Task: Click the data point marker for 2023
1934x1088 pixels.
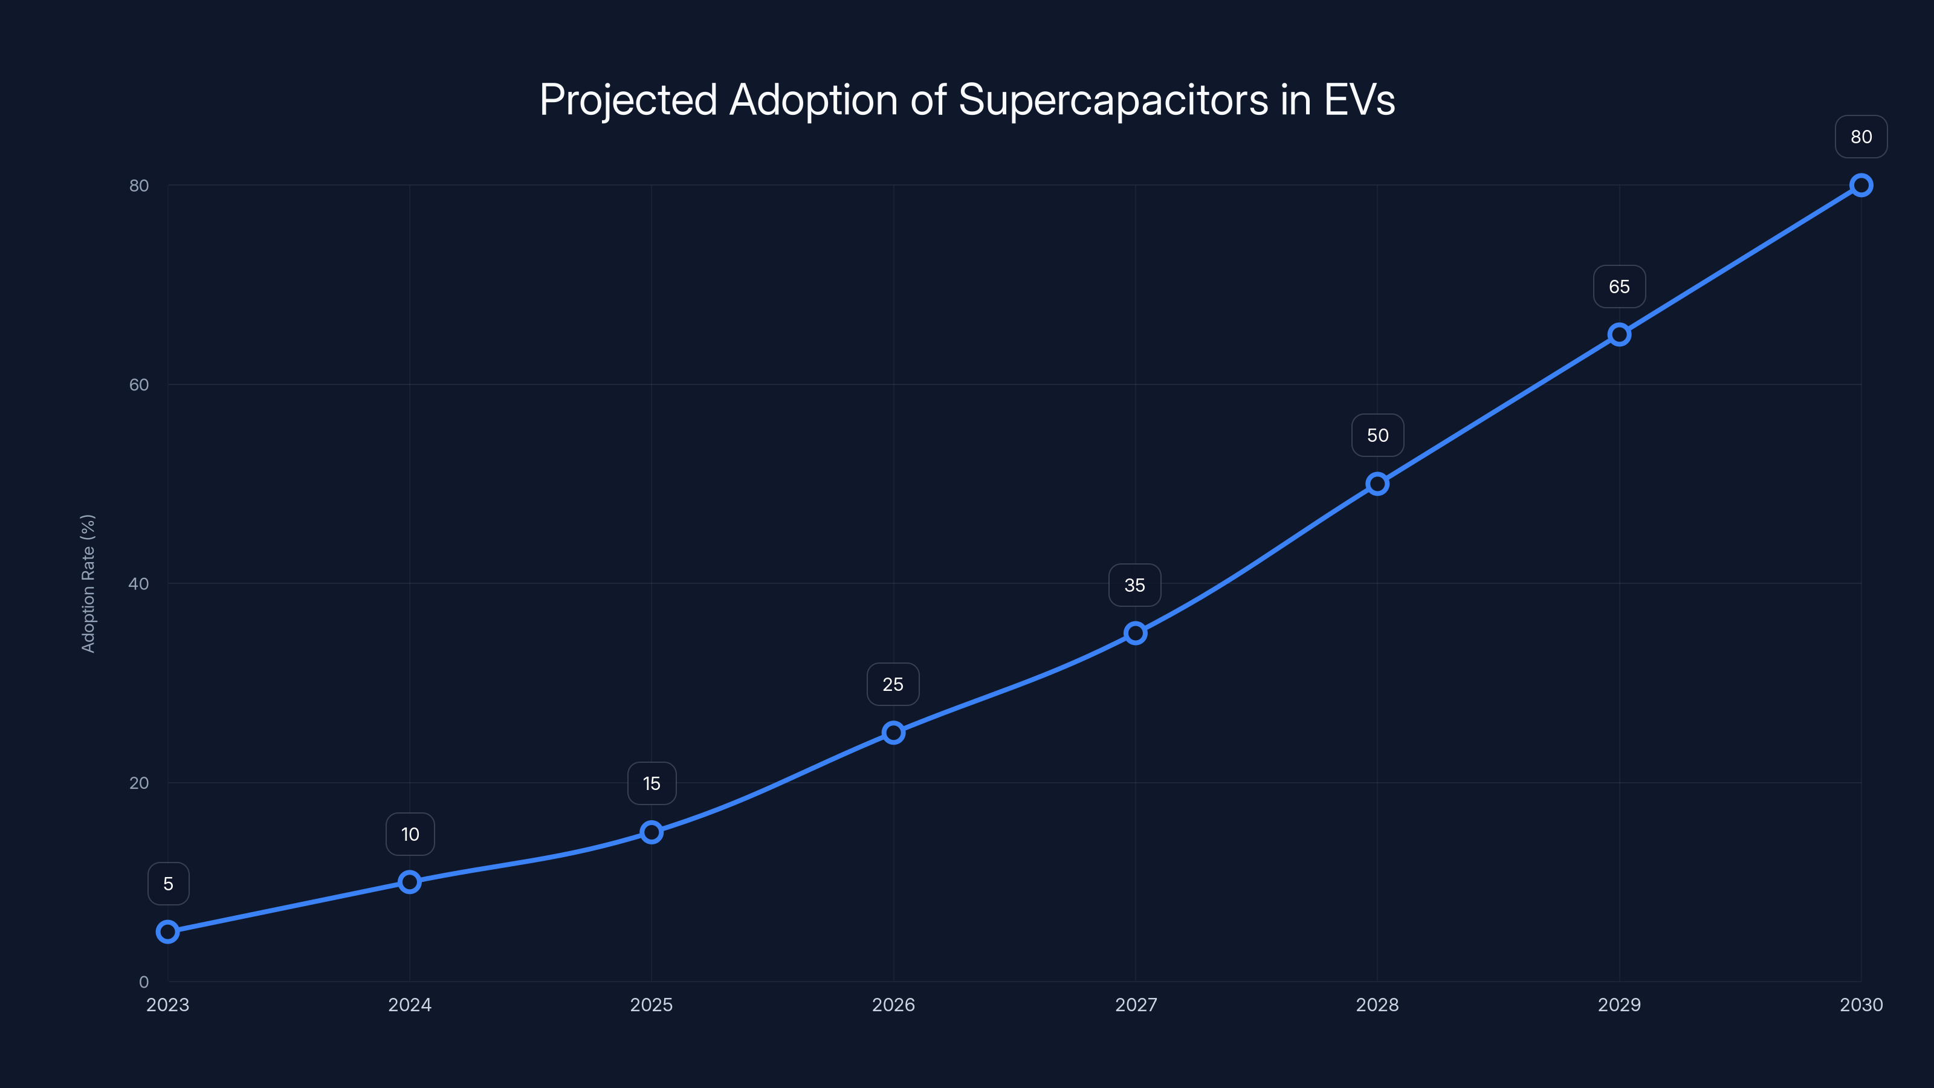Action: tap(167, 932)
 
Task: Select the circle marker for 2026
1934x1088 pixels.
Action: tap(893, 733)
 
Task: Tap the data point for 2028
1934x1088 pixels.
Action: tap(1377, 484)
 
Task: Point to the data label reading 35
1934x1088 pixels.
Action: tap(1134, 586)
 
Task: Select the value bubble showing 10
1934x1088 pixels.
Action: tap(410, 834)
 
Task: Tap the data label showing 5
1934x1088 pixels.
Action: tap(168, 884)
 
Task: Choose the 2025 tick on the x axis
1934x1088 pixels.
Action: tap(651, 1005)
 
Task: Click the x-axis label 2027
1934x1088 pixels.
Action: tap(1135, 1005)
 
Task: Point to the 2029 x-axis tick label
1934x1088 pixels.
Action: tap(1619, 1005)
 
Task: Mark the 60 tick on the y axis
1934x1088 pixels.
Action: tap(139, 384)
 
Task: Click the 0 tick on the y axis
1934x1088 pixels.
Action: tap(143, 982)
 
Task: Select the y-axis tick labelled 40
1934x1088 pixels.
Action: tap(139, 583)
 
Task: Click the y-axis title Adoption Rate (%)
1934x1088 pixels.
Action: tap(88, 583)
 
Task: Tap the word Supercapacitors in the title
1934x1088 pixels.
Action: tap(1113, 100)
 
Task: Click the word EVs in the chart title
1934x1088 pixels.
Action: tap(1359, 100)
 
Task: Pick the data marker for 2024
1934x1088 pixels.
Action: tap(409, 881)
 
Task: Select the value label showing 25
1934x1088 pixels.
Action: tap(893, 685)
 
